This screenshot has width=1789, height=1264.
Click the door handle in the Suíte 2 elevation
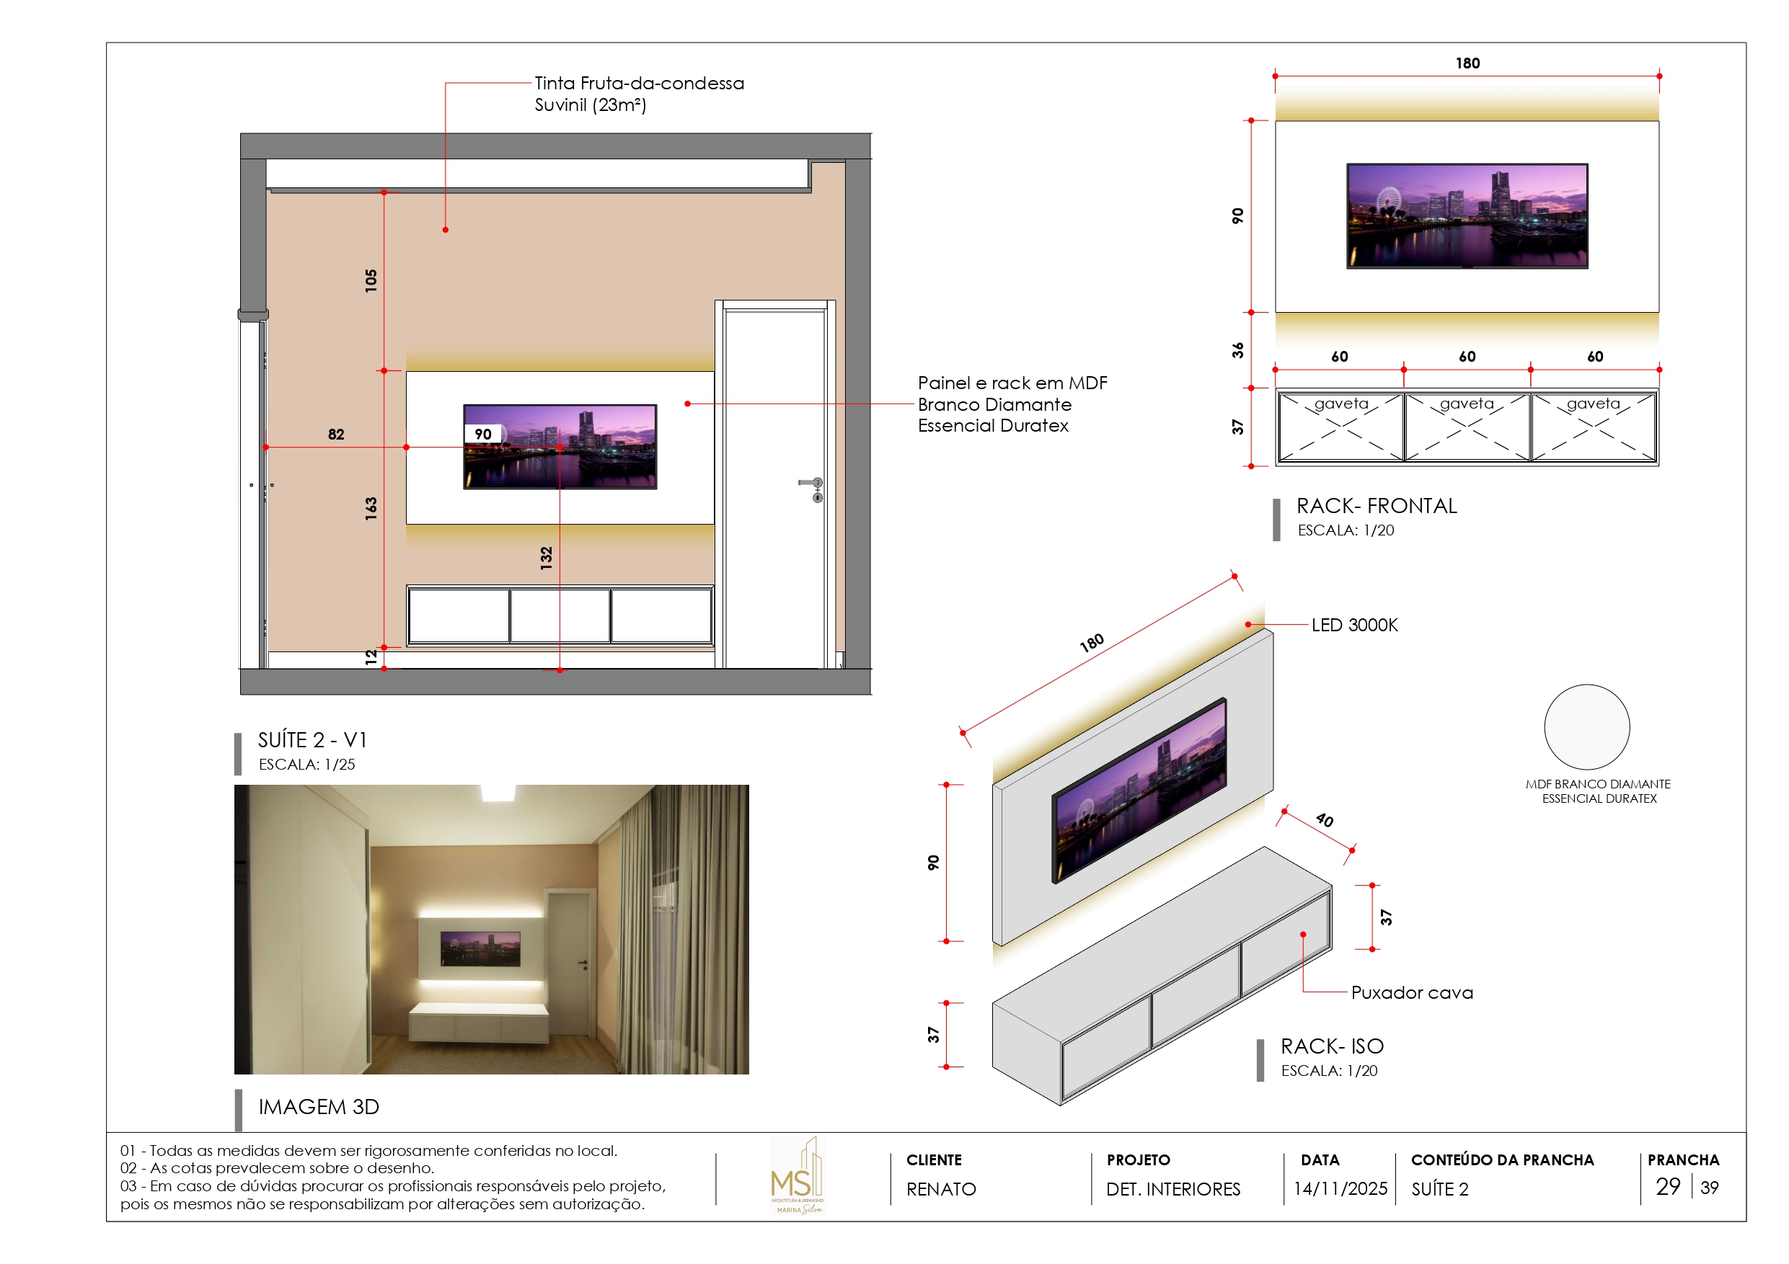pyautogui.click(x=813, y=484)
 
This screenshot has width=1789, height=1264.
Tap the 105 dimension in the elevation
pyautogui.click(x=371, y=280)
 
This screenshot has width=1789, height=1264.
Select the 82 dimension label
pyautogui.click(x=336, y=435)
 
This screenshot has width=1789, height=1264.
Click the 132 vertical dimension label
pyautogui.click(x=546, y=558)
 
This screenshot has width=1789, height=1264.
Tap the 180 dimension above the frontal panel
pyautogui.click(x=1467, y=63)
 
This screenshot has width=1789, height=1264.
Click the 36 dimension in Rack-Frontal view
pyautogui.click(x=1238, y=350)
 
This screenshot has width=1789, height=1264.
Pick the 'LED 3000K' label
pyautogui.click(x=1354, y=626)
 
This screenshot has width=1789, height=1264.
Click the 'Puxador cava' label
pyautogui.click(x=1412, y=993)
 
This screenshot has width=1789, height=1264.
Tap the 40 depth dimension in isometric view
pyautogui.click(x=1325, y=820)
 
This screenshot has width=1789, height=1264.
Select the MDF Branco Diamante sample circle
pyautogui.click(x=1586, y=726)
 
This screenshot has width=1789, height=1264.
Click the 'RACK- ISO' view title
pyautogui.click(x=1333, y=1046)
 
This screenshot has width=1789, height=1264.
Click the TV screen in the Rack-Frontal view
pyautogui.click(x=1467, y=215)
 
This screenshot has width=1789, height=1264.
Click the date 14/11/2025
pyautogui.click(x=1340, y=1189)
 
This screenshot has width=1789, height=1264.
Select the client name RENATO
pyautogui.click(x=940, y=1189)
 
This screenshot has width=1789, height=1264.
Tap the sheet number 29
pyautogui.click(x=1667, y=1187)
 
